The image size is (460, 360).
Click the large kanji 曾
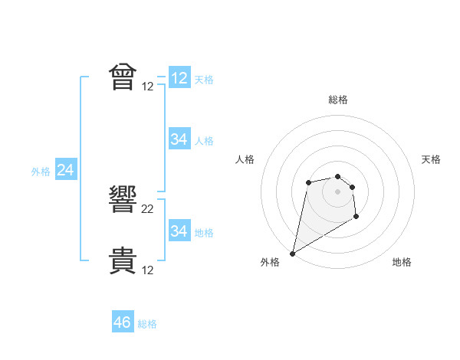pos(123,77)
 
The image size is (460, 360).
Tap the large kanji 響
pos(123,201)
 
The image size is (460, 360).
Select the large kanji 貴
pos(123,261)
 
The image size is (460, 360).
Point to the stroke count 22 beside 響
pos(148,209)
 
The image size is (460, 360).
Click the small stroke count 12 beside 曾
pos(148,86)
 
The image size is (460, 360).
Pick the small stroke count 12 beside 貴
pos(148,270)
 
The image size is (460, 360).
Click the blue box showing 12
pos(179,78)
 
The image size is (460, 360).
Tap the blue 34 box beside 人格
pos(179,139)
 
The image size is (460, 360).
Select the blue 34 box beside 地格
pos(179,231)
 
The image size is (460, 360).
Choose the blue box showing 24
pos(66,170)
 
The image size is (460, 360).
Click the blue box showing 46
pos(123,322)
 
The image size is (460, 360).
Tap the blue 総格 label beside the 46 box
pos(147,324)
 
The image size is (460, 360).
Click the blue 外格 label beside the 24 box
pos(41,172)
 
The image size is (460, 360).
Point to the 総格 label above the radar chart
pos(337,100)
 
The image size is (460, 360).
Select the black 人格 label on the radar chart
pos(245,159)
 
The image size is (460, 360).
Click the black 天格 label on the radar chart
pos(432,159)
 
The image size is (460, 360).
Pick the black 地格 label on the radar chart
pos(402,262)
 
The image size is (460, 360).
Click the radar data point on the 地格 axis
pos(356,218)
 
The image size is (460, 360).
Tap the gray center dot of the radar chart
pos(337,191)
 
